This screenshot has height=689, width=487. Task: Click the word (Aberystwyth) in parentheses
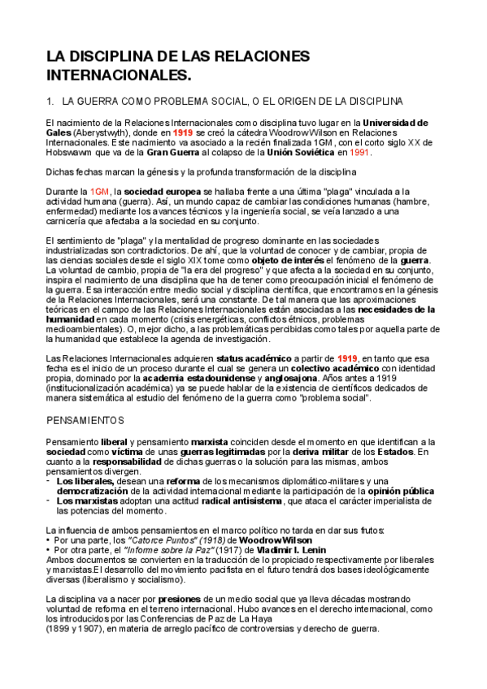point(98,132)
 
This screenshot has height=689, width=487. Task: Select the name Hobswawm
point(72,152)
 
